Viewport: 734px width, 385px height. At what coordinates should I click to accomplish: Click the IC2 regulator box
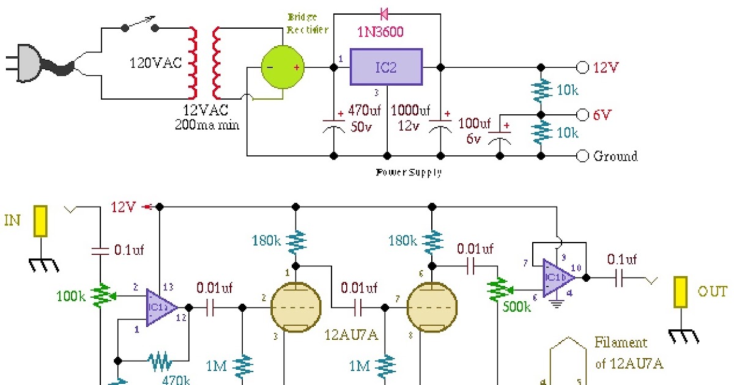(x=386, y=67)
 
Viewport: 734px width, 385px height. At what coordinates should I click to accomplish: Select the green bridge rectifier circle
(x=282, y=67)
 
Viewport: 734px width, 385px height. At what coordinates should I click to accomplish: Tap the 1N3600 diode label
(x=380, y=32)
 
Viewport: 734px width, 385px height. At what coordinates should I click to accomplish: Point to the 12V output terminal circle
(x=582, y=67)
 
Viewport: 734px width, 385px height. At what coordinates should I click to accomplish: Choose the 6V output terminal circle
(x=582, y=114)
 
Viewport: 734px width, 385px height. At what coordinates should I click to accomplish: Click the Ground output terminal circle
(x=582, y=156)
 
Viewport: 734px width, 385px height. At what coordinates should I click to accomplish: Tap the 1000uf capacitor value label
(x=412, y=111)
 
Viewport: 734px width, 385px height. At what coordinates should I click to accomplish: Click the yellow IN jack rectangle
(x=41, y=221)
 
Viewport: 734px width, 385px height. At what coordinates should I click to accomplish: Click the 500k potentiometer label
(x=515, y=307)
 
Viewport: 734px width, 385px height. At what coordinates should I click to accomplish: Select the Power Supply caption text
(x=409, y=172)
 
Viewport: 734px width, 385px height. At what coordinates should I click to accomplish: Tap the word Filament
(x=621, y=342)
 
